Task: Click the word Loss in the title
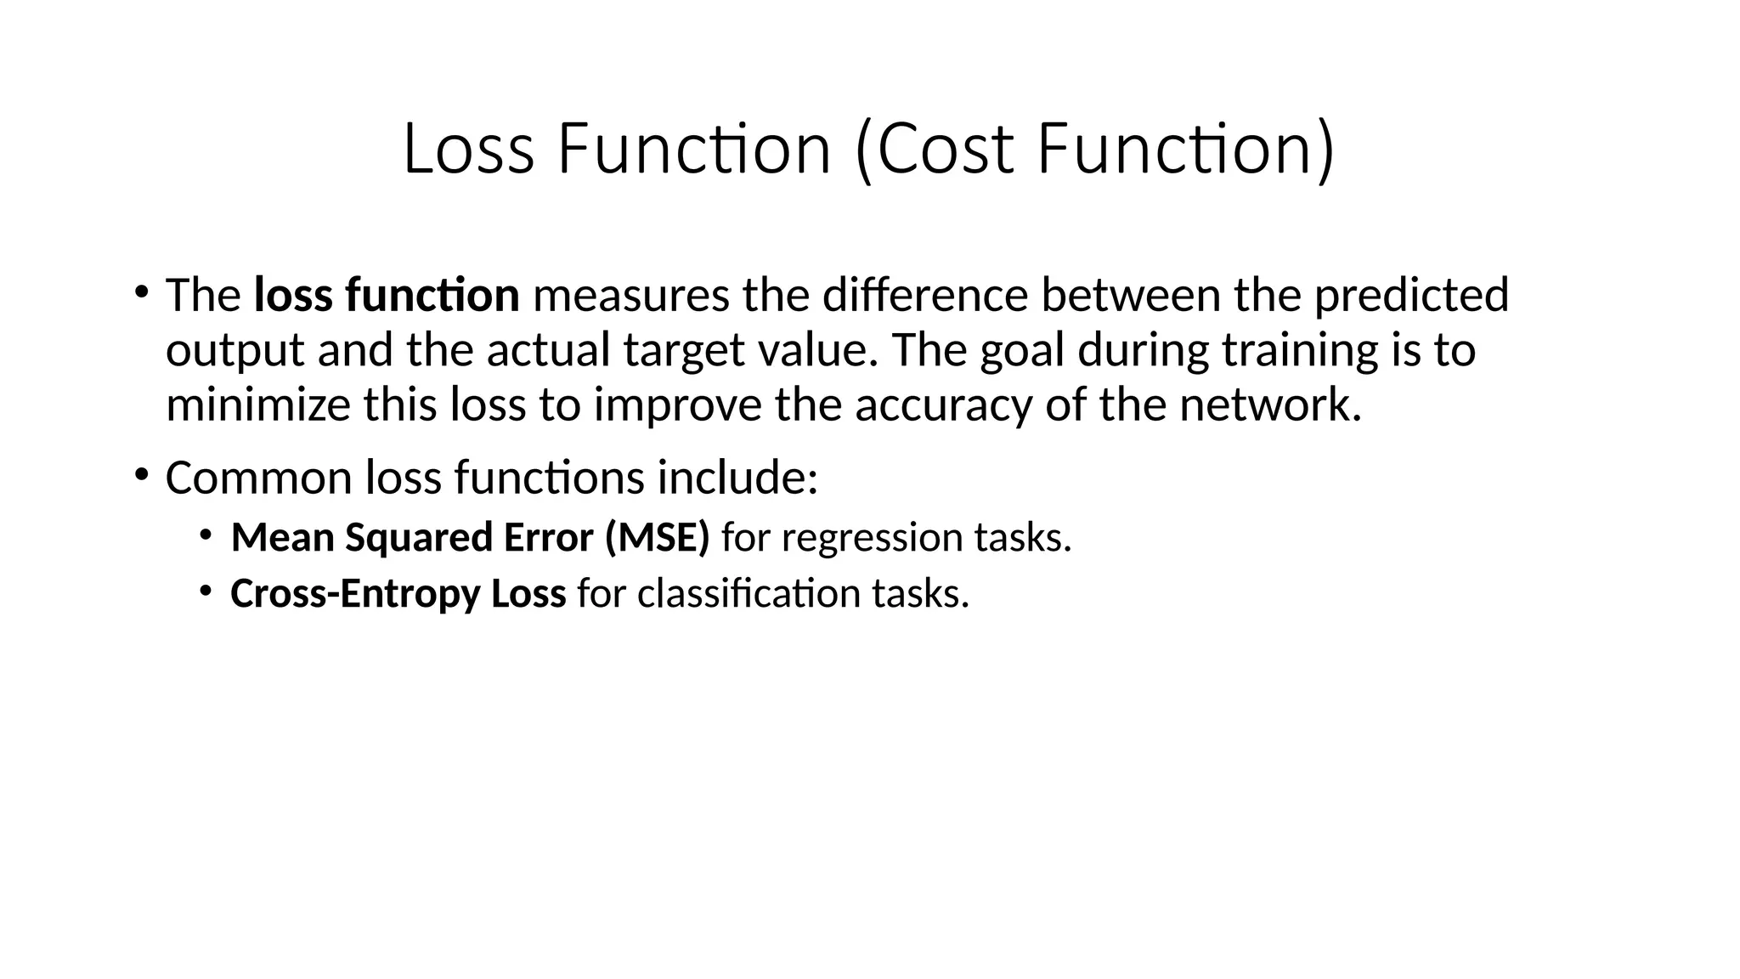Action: (x=468, y=150)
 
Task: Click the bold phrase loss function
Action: (x=387, y=295)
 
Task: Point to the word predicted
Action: (x=1411, y=295)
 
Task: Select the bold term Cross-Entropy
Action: (x=355, y=593)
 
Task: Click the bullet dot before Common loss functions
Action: (x=140, y=473)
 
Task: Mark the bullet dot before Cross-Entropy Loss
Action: (x=206, y=590)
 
